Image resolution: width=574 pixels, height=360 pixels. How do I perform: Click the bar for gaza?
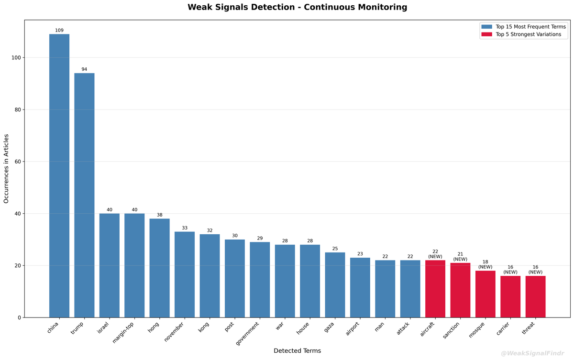pos(335,285)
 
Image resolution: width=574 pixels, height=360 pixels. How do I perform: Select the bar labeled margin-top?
pos(134,265)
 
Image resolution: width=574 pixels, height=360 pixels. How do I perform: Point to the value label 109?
pos(59,30)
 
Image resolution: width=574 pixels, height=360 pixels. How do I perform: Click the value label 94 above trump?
pos(84,69)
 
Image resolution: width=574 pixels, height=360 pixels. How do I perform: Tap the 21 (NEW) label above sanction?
pos(460,256)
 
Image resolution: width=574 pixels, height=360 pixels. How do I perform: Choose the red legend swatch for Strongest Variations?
pos(486,34)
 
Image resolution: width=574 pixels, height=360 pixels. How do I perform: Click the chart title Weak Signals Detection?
pos(297,7)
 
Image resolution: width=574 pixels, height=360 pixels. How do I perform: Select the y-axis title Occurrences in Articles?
pos(6,169)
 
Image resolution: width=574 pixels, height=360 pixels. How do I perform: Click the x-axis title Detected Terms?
pos(297,351)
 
